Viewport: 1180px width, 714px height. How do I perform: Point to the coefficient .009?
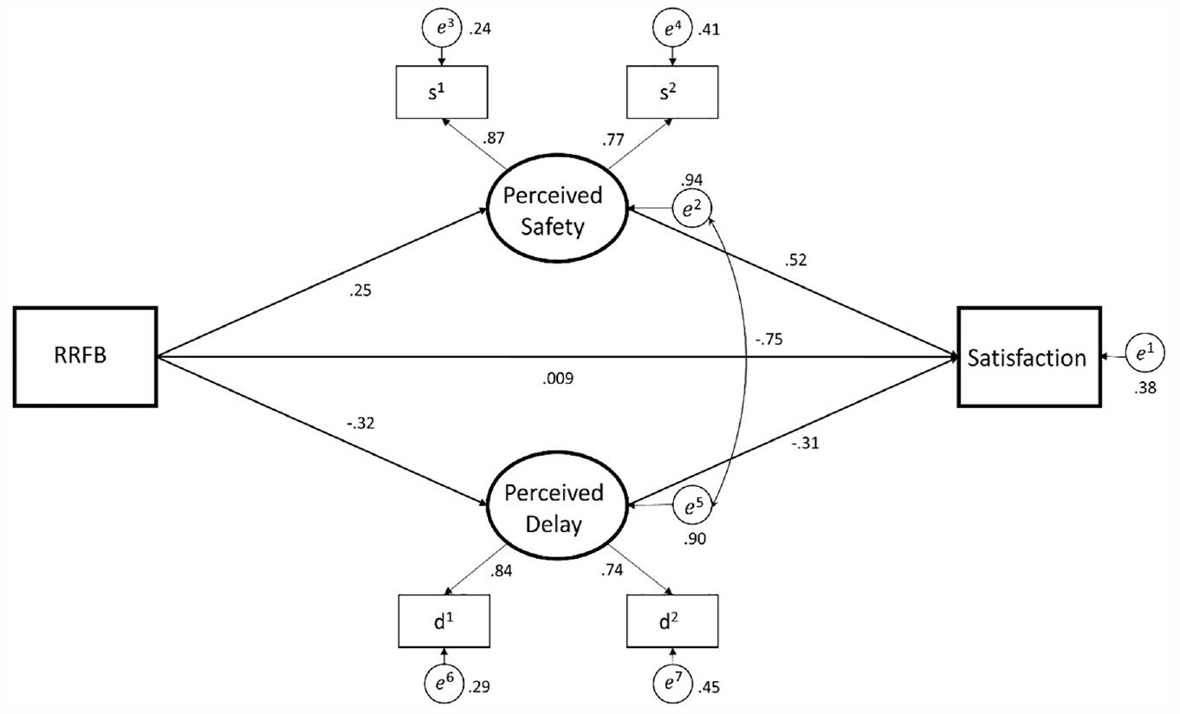pos(558,379)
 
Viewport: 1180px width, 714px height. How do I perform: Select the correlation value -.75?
pos(768,340)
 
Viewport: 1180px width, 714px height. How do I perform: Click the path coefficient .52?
pos(795,260)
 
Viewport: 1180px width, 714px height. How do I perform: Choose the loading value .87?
pos(493,138)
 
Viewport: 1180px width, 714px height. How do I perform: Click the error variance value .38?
pos(1144,388)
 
